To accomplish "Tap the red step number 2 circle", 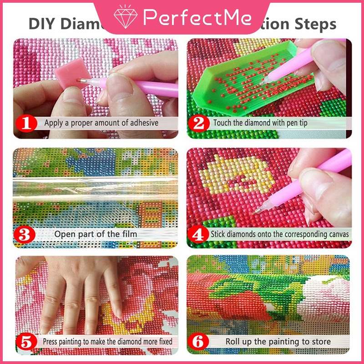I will (x=199, y=123).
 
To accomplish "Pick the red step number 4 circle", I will (x=199, y=234).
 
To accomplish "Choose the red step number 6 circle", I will (x=199, y=341).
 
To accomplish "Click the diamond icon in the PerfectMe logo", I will (x=126, y=17).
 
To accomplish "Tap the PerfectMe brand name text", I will (x=197, y=17).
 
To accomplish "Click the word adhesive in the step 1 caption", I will (x=142, y=123).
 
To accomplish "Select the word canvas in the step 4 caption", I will (x=338, y=234).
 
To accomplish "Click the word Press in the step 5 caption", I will (x=51, y=341).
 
